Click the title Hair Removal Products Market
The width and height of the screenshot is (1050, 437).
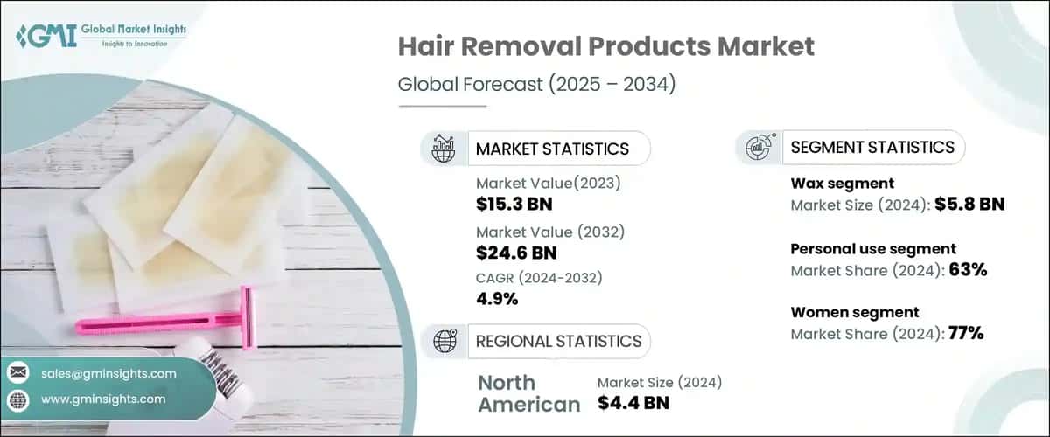(x=605, y=47)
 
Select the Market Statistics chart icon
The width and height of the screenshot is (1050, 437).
(x=443, y=149)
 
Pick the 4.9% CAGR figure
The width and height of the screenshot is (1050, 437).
(x=496, y=299)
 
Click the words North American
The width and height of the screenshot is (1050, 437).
(x=528, y=392)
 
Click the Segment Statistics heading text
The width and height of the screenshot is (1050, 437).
(x=871, y=147)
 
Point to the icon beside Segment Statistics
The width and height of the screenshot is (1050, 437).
(x=758, y=148)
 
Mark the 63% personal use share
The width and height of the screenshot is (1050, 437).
(x=969, y=270)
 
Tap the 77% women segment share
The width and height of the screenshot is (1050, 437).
(x=969, y=333)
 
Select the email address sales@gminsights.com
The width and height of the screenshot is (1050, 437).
(x=108, y=373)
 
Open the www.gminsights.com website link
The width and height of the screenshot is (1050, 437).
(x=102, y=399)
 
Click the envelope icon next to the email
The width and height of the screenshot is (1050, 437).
(x=17, y=373)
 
